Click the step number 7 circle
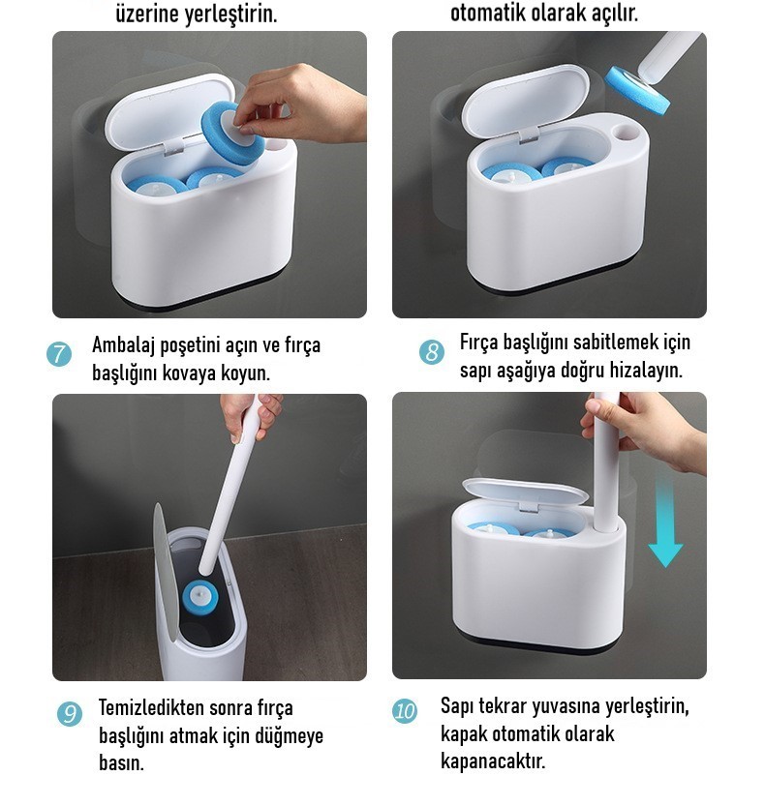pos(59,354)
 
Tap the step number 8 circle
pos(431,352)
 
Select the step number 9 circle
pos(70,713)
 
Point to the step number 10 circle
pos(405,711)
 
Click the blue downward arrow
pos(665,520)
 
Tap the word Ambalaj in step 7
pos(124,345)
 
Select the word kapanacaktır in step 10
pos(493,761)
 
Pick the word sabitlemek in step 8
pos(597,342)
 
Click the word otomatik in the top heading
pos(488,13)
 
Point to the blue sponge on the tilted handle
pos(637,91)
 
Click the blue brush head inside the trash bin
pos(200,597)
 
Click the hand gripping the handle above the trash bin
pos(253,416)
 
